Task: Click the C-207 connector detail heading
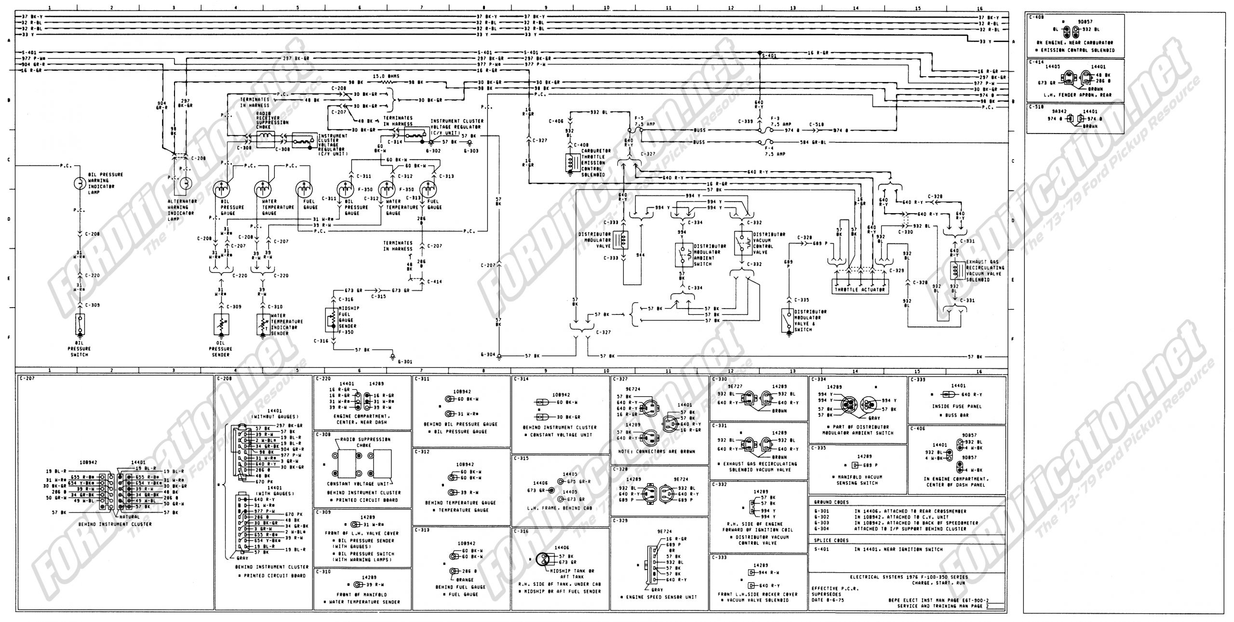(27, 379)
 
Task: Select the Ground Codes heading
(827, 502)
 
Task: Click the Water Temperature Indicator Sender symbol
(263, 325)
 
